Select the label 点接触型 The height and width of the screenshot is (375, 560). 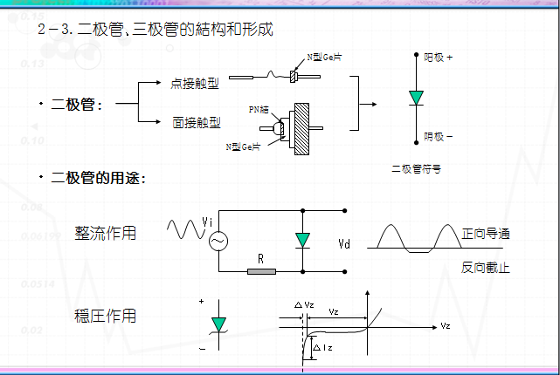196,84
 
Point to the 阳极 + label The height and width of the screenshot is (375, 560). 439,57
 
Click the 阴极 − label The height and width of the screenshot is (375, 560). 439,136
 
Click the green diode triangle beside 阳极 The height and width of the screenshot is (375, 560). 417,97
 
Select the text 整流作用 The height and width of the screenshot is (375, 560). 106,233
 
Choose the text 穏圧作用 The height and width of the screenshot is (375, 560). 106,315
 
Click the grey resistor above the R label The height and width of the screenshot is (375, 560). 261,271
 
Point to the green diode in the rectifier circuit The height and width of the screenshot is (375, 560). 302,240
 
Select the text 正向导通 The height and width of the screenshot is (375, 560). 485,233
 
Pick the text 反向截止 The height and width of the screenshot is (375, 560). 485,268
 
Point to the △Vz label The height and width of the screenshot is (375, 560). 305,304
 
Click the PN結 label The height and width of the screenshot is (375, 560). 258,109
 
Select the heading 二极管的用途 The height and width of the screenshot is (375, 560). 99,178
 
